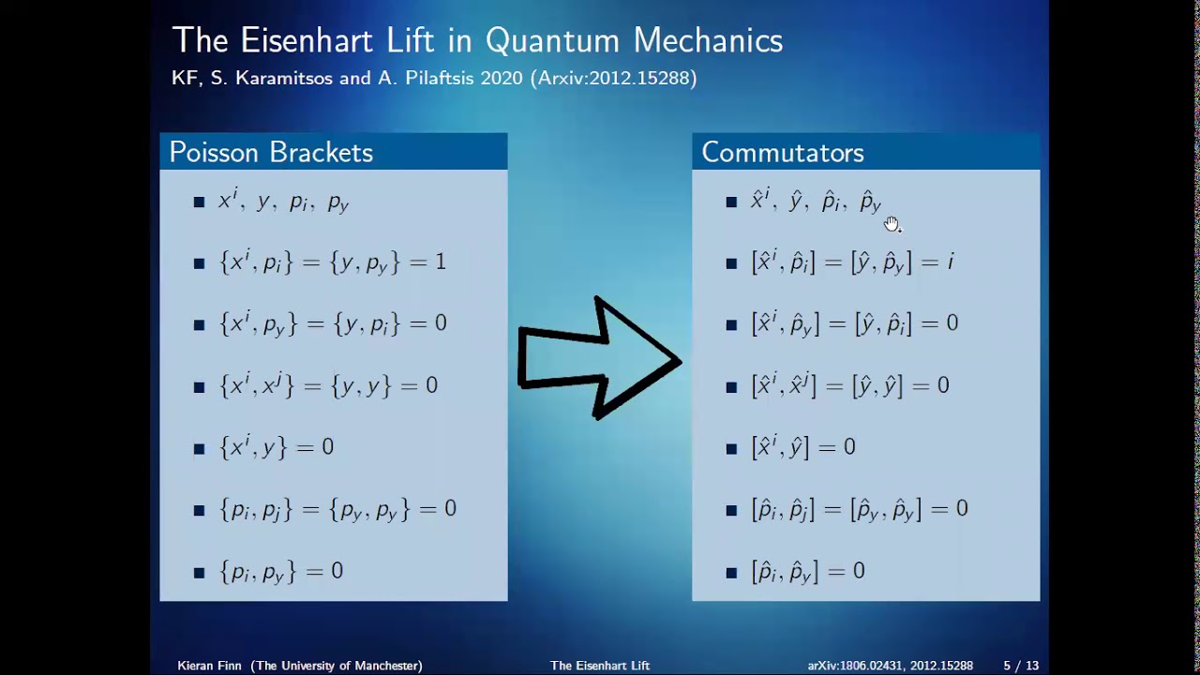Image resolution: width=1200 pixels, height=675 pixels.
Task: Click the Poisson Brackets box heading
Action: (x=271, y=153)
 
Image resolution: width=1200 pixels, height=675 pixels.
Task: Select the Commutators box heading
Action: (x=782, y=153)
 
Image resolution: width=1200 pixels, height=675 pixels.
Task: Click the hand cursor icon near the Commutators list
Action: (x=891, y=223)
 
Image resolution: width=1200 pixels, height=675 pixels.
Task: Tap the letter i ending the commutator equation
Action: (x=950, y=262)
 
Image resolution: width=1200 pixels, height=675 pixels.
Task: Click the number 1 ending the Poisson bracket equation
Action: (x=441, y=262)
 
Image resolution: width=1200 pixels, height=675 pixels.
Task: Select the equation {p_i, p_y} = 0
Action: (x=281, y=571)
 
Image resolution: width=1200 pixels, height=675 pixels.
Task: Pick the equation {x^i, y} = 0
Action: (x=277, y=447)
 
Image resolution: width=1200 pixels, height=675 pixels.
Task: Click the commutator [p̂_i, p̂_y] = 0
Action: (x=808, y=571)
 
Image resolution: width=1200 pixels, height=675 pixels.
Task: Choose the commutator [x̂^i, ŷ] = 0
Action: (x=803, y=447)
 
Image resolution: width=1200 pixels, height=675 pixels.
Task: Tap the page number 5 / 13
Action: (x=1020, y=666)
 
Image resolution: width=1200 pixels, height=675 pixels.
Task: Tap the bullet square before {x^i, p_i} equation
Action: (x=199, y=263)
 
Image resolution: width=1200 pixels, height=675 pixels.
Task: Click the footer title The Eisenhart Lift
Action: (x=600, y=666)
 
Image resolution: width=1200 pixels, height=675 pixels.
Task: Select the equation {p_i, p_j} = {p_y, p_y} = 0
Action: (x=337, y=509)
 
